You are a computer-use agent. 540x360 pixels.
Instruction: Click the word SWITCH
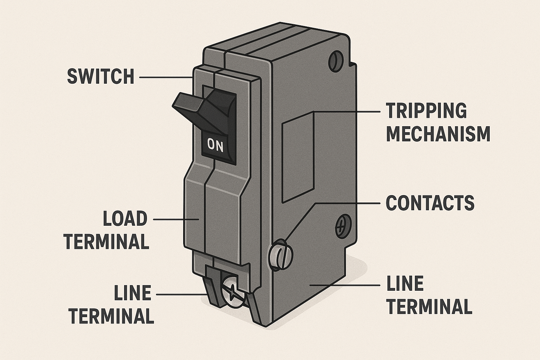tap(101, 76)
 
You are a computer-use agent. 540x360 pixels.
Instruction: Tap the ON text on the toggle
tap(216, 145)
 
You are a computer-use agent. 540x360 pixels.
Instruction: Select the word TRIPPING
tap(426, 111)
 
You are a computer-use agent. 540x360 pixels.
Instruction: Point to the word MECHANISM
tap(438, 134)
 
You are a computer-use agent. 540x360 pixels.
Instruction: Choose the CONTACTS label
tap(430, 203)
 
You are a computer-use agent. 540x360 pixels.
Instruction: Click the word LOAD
tap(125, 219)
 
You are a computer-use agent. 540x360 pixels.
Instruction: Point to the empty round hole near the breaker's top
tap(335, 60)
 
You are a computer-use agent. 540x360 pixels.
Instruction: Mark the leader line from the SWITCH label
tap(165, 77)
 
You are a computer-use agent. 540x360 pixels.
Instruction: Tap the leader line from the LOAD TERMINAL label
tap(176, 219)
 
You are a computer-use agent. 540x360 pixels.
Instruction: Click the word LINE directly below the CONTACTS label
tap(405, 284)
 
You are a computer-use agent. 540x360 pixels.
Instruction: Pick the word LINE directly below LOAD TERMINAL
tap(133, 293)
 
